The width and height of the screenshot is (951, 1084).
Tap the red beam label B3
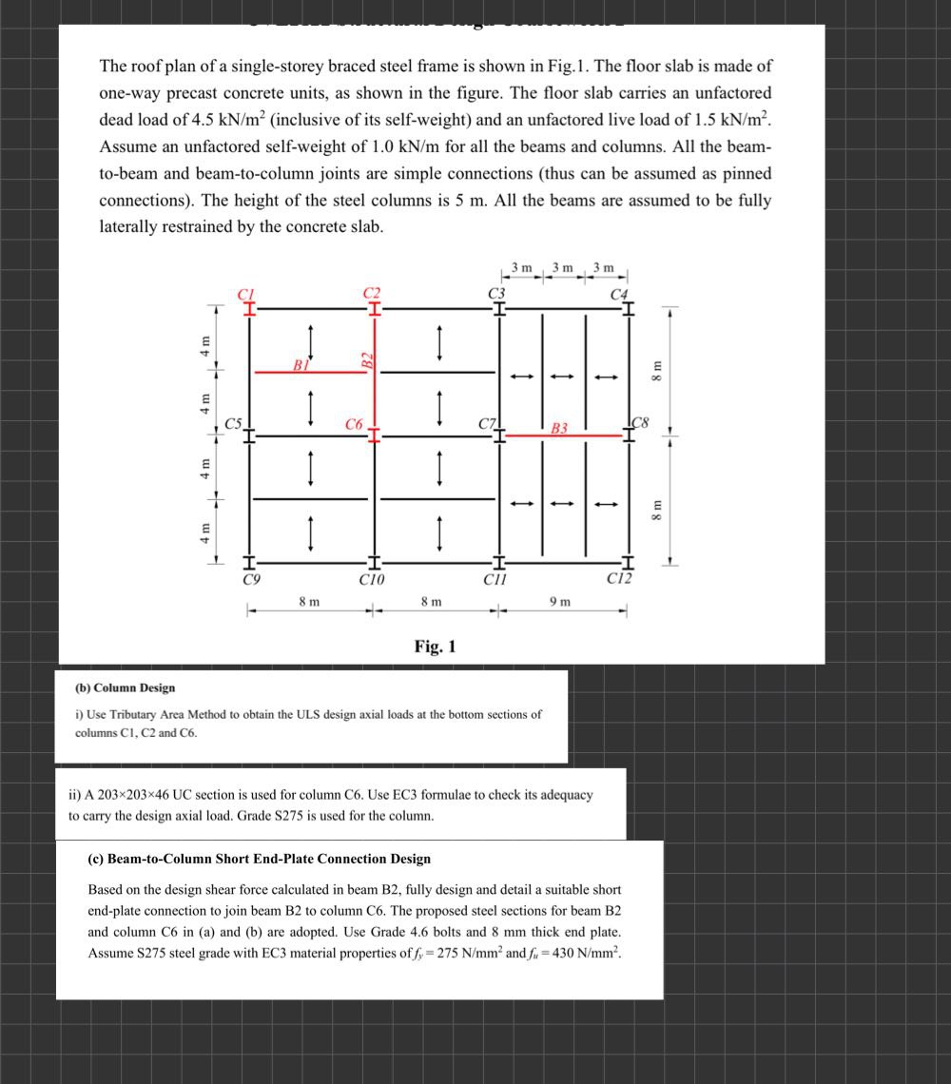coord(560,428)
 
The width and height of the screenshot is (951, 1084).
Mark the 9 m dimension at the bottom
coord(560,601)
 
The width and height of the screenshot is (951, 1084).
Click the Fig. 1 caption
coord(436,647)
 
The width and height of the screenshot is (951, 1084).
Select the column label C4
coord(620,294)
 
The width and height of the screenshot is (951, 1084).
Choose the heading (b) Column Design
coord(125,687)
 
